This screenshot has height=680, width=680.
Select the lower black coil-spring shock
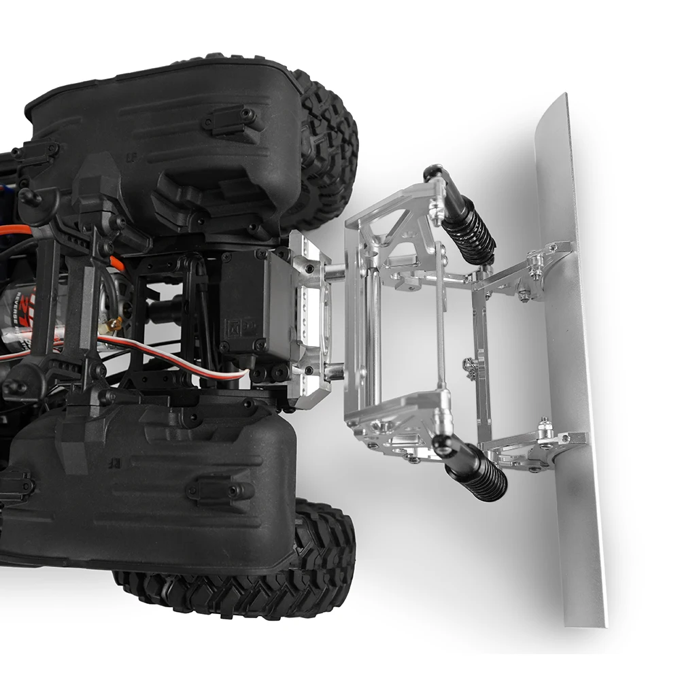click(476, 473)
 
